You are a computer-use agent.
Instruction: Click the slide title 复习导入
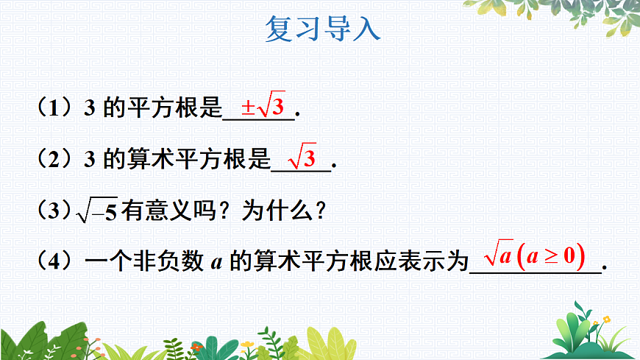pos(321,29)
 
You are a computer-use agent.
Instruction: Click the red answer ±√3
pos(263,107)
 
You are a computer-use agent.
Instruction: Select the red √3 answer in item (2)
pos(302,157)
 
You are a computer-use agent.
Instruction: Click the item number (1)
pos(52,109)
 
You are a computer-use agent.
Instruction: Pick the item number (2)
pos(52,160)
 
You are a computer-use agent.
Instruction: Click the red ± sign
pos(248,108)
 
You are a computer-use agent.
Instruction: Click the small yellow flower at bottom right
pos(606,320)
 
